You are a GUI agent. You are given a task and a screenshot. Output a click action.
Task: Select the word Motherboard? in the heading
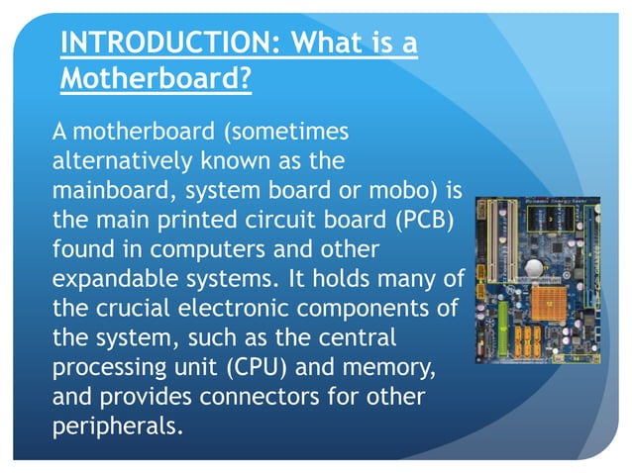156,79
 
